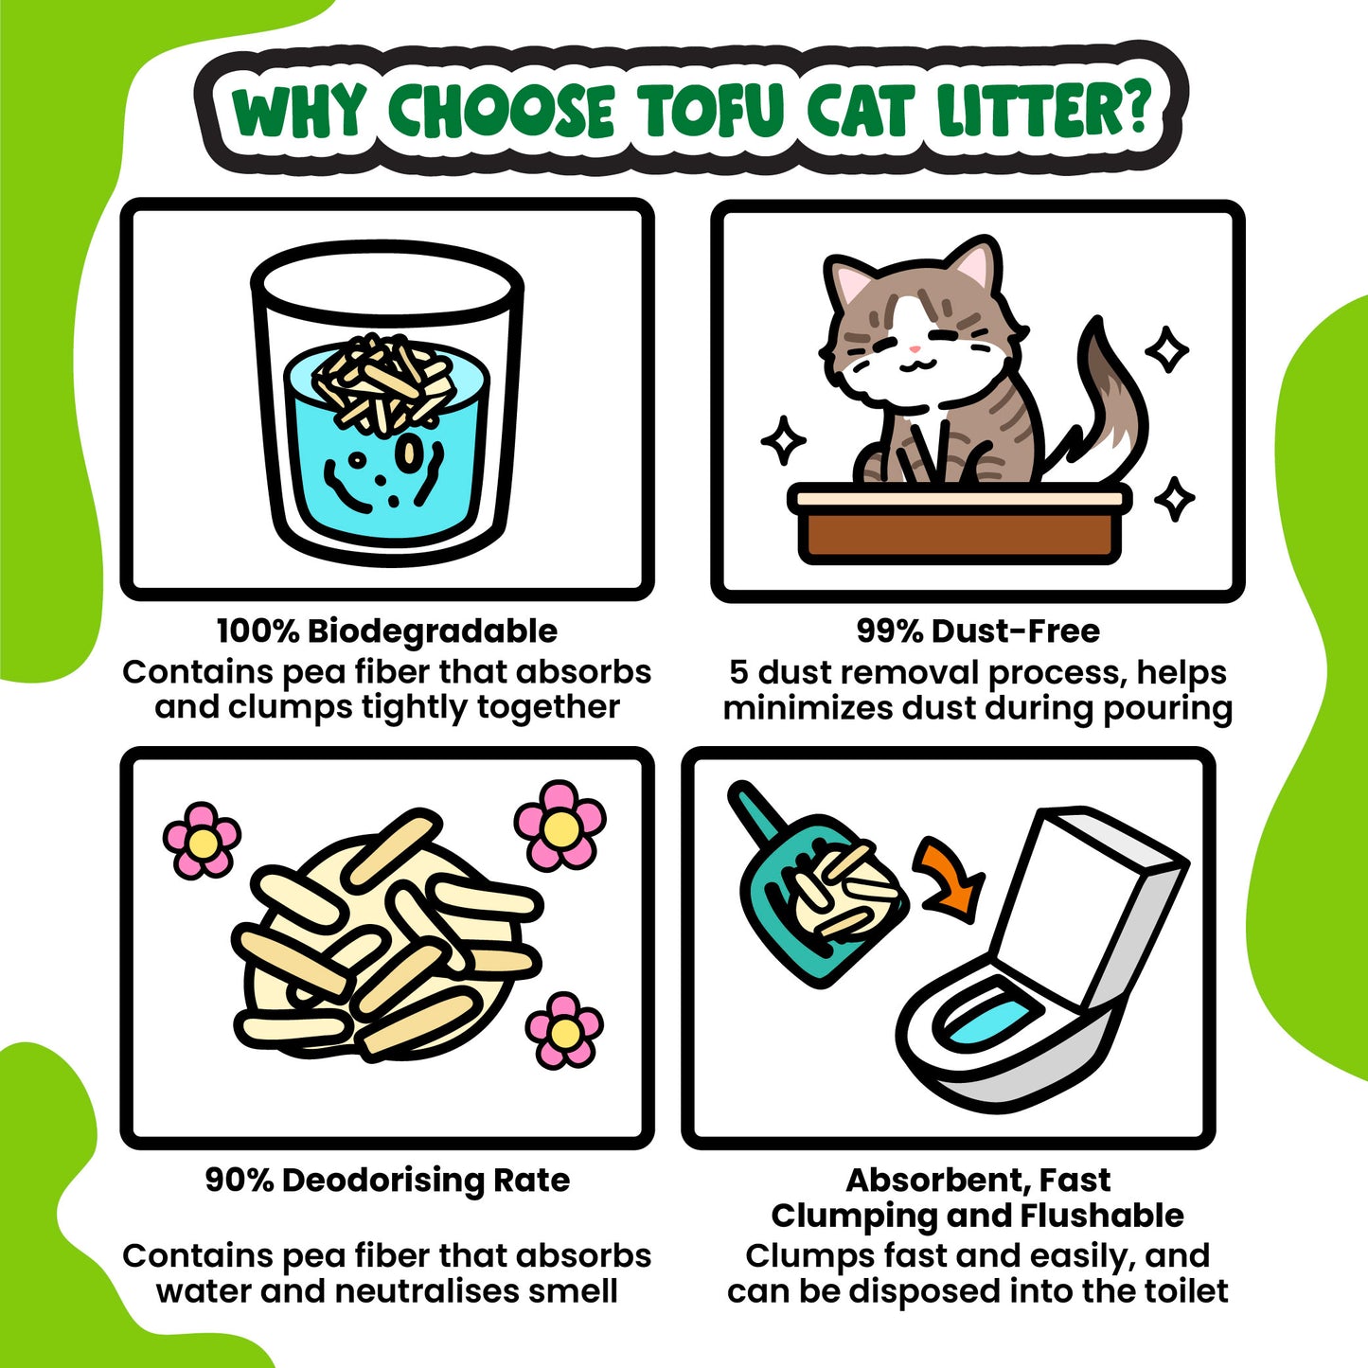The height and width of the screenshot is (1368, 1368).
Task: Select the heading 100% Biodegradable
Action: coord(387,631)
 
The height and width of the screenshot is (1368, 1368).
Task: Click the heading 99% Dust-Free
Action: coord(978,631)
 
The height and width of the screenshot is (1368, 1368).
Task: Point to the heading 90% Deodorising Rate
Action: coord(387,1181)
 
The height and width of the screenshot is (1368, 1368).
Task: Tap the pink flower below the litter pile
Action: coord(564,1030)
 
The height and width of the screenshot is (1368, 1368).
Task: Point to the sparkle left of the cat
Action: coord(784,440)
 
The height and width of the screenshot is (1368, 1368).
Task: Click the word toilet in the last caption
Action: coord(1185,1291)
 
